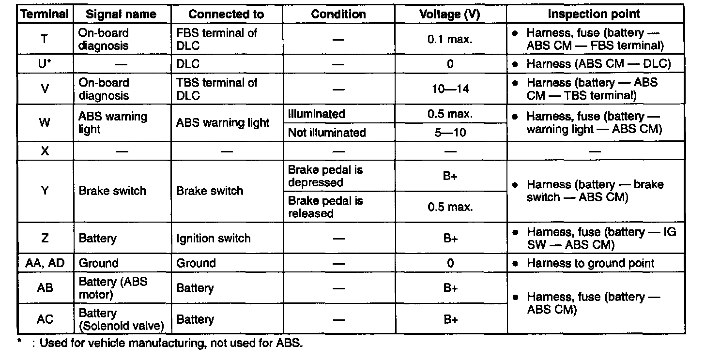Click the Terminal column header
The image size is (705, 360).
(x=45, y=15)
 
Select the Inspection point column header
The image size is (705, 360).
(x=594, y=15)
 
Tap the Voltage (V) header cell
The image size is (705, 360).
(x=450, y=15)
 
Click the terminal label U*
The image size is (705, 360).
(x=45, y=64)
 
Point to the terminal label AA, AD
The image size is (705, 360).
(x=45, y=263)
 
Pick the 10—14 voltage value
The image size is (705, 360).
(x=450, y=89)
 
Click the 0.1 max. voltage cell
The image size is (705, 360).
(x=450, y=39)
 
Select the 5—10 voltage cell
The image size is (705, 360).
(x=450, y=133)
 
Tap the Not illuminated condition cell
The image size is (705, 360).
(x=327, y=133)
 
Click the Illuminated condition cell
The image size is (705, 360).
(x=317, y=115)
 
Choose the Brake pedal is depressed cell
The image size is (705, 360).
(x=325, y=176)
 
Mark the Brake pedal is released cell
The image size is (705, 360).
(x=325, y=207)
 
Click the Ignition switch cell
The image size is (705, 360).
(x=214, y=239)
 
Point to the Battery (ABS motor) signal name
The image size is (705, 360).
(x=113, y=288)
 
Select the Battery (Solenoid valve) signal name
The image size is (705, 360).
(x=118, y=319)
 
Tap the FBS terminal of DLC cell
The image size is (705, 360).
(x=216, y=39)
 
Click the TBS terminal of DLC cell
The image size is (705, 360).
(x=216, y=89)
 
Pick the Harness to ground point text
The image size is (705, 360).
(x=590, y=263)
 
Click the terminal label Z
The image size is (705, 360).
(x=45, y=239)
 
